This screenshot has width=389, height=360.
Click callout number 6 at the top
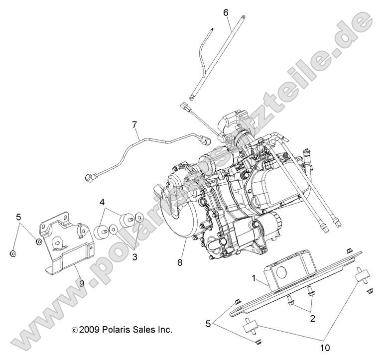click(x=226, y=11)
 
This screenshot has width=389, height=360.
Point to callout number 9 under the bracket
click(x=81, y=284)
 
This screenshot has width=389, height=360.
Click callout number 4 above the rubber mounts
click(x=102, y=203)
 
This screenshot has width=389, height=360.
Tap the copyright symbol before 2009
click(x=75, y=330)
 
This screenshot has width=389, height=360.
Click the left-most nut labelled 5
click(x=13, y=253)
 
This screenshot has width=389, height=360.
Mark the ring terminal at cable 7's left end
click(x=90, y=176)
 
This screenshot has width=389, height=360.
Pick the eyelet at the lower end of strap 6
click(x=192, y=98)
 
